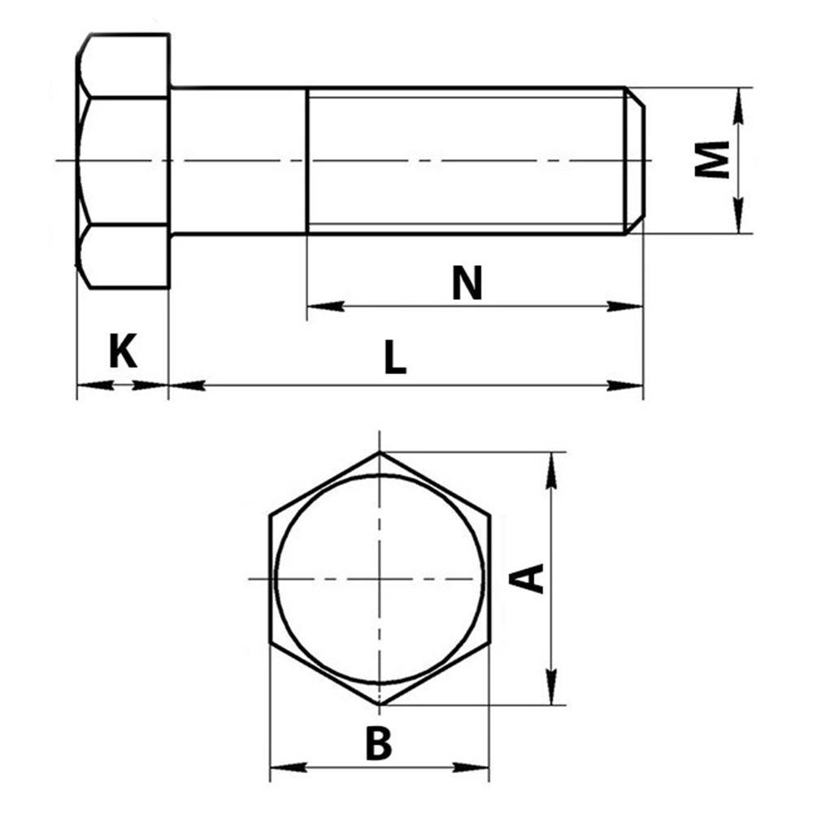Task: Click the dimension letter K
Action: (x=123, y=350)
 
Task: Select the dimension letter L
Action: (x=395, y=357)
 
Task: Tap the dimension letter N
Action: (x=467, y=283)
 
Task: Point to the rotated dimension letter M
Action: (x=712, y=160)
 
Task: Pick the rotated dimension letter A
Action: (x=526, y=578)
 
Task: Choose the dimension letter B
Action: (x=379, y=744)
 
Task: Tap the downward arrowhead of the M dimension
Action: (x=739, y=215)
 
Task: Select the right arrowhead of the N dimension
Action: (x=624, y=307)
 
